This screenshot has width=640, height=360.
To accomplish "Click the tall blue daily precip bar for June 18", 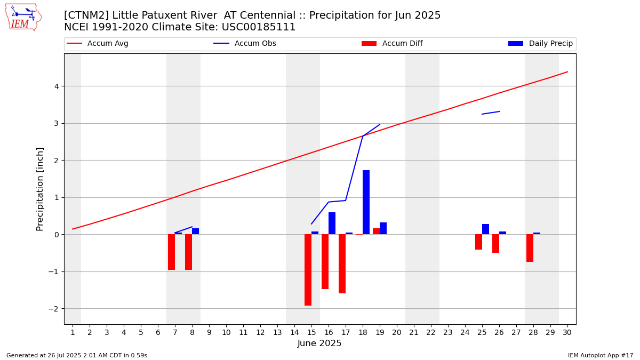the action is pos(366,202).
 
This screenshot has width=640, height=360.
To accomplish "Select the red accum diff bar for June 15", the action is pos(308,270).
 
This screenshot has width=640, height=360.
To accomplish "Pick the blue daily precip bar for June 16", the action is pos(332,223).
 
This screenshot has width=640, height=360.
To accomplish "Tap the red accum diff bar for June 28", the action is pos(530,248).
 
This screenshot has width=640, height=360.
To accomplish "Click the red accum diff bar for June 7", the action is pos(171,252).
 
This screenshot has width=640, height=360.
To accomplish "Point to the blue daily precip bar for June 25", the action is pos(485,229).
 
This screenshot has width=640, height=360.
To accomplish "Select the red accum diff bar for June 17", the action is pos(342,263).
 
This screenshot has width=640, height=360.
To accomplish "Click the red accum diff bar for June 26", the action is pos(495,244).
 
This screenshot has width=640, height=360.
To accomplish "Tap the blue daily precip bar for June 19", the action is pos(383,228).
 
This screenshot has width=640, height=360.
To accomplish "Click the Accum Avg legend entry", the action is pos(98,43).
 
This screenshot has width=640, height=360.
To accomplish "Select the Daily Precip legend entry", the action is pos(540,43).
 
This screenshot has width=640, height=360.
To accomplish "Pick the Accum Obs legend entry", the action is pos(245,43).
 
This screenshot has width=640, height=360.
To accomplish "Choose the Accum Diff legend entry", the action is pos(392,43).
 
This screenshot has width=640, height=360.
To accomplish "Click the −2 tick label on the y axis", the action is pos(54,309).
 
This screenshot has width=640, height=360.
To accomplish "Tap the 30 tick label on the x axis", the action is pos(567,332).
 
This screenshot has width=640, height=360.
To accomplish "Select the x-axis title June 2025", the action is pos(319,343).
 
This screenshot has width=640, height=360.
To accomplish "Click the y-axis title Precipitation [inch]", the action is pos(39,189).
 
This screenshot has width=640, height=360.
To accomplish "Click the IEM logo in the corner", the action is pos(23,18).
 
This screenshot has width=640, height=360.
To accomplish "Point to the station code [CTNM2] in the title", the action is pos(86,15).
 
